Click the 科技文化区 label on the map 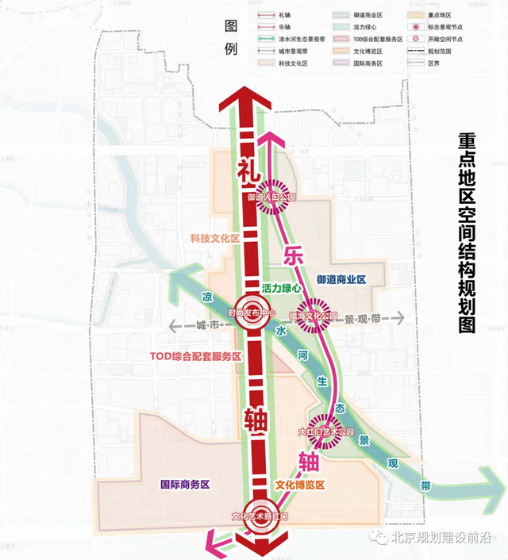(x=214, y=238)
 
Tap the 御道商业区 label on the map (x=341, y=280)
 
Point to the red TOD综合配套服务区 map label (x=195, y=357)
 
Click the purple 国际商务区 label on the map (x=184, y=485)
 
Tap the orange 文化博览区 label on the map (x=301, y=484)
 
